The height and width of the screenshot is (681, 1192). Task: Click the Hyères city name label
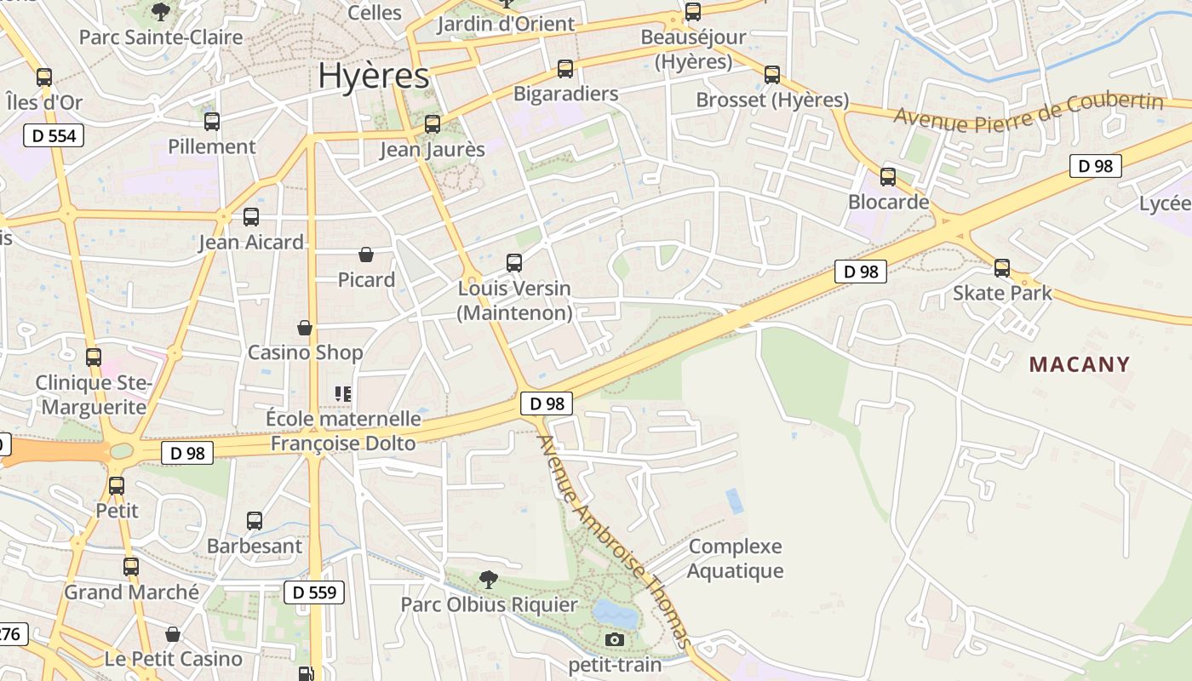(x=373, y=76)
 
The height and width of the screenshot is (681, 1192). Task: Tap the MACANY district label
(x=1080, y=364)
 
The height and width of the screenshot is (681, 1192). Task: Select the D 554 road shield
(x=54, y=135)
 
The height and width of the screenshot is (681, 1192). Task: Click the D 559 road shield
(x=313, y=592)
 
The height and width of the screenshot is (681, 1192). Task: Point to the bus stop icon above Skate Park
(x=1002, y=268)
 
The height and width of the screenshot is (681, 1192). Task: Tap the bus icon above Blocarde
(x=888, y=177)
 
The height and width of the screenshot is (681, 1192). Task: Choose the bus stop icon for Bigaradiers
(x=565, y=69)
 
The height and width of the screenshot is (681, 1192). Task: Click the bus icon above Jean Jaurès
(x=433, y=124)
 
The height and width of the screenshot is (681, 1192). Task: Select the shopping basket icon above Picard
(x=366, y=255)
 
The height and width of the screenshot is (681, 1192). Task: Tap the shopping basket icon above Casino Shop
(x=305, y=328)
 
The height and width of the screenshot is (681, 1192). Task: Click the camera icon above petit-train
(x=614, y=639)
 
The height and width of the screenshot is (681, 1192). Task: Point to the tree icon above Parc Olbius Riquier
(x=489, y=580)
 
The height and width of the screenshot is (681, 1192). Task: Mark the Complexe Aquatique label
(x=735, y=558)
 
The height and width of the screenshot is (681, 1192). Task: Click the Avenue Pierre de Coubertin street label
(x=1028, y=112)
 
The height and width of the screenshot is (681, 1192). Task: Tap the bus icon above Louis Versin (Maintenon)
(x=514, y=263)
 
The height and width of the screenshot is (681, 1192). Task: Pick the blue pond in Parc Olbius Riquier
(x=615, y=611)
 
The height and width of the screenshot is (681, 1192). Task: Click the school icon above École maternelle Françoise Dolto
(x=343, y=393)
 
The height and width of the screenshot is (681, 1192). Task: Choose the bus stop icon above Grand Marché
(x=131, y=567)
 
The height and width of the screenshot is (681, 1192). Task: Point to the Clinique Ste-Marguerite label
(x=94, y=395)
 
